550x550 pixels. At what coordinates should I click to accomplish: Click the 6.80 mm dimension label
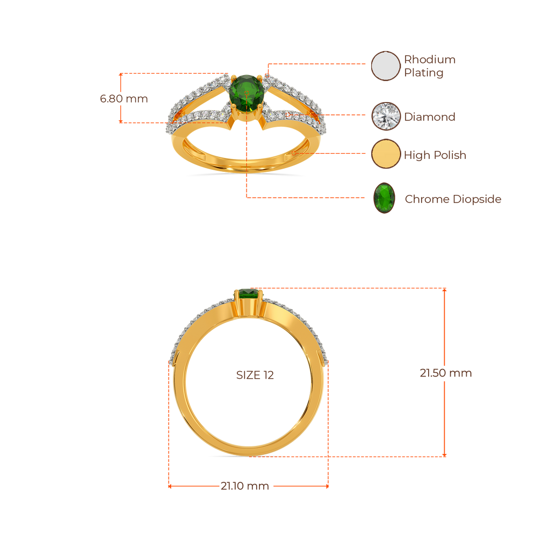click(x=124, y=99)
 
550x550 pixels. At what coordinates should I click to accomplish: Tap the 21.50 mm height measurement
click(x=446, y=373)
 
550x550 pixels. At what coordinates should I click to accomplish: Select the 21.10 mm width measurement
click(x=245, y=486)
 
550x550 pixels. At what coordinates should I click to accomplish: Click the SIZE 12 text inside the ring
click(x=255, y=375)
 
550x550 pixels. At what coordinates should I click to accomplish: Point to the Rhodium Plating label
click(x=430, y=66)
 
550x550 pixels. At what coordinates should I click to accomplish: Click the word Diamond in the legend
click(x=430, y=117)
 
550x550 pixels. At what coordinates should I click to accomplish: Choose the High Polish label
click(x=435, y=155)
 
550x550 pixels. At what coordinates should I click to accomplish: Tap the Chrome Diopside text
click(x=453, y=199)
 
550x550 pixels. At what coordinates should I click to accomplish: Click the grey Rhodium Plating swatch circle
click(x=386, y=66)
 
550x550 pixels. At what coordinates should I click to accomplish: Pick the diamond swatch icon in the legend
click(x=386, y=116)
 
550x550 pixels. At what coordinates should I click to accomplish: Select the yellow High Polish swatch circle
click(x=386, y=154)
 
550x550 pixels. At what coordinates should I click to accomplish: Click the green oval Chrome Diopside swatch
click(x=385, y=198)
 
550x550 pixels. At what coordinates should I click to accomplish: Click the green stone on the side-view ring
click(x=248, y=294)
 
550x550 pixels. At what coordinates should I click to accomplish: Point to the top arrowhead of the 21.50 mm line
click(x=444, y=290)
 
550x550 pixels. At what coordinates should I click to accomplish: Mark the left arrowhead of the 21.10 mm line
click(x=170, y=486)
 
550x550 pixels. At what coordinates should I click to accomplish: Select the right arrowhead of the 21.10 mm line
click(x=327, y=486)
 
